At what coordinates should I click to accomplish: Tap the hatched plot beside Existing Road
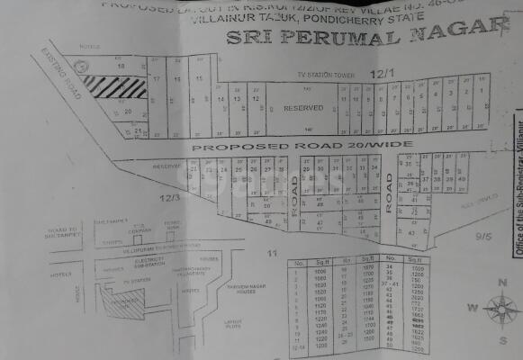click(116, 87)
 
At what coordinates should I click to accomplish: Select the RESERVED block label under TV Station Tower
click(302, 108)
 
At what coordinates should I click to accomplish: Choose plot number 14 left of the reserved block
click(221, 99)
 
